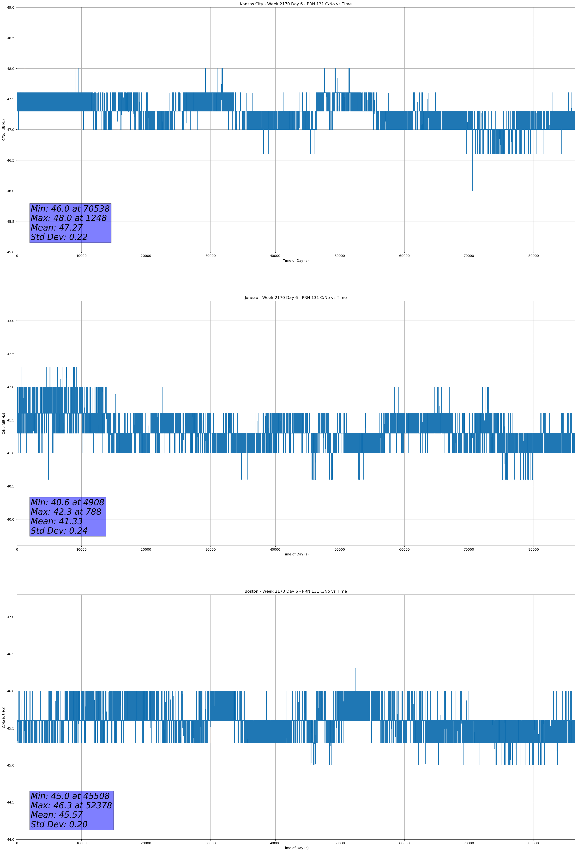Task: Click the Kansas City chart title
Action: pyautogui.click(x=295, y=4)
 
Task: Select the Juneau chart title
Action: pyautogui.click(x=295, y=298)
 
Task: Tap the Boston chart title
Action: pyautogui.click(x=295, y=591)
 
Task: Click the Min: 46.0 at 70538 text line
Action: pyautogui.click(x=70, y=209)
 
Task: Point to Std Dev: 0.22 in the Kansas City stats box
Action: pyautogui.click(x=59, y=237)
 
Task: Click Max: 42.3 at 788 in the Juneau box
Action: pyautogui.click(x=66, y=512)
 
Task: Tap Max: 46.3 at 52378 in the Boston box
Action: pyautogui.click(x=71, y=805)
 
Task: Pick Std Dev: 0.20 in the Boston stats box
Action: pyautogui.click(x=59, y=824)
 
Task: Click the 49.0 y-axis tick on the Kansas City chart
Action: pyautogui.click(x=11, y=7)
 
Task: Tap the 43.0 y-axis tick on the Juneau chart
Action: pyautogui.click(x=11, y=321)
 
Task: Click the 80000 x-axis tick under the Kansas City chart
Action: pyautogui.click(x=533, y=256)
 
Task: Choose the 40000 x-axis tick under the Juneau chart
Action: pyautogui.click(x=275, y=549)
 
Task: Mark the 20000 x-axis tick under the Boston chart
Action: pyautogui.click(x=146, y=843)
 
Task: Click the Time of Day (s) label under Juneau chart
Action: pyautogui.click(x=295, y=554)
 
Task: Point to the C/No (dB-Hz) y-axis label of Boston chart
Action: pyautogui.click(x=4, y=717)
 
